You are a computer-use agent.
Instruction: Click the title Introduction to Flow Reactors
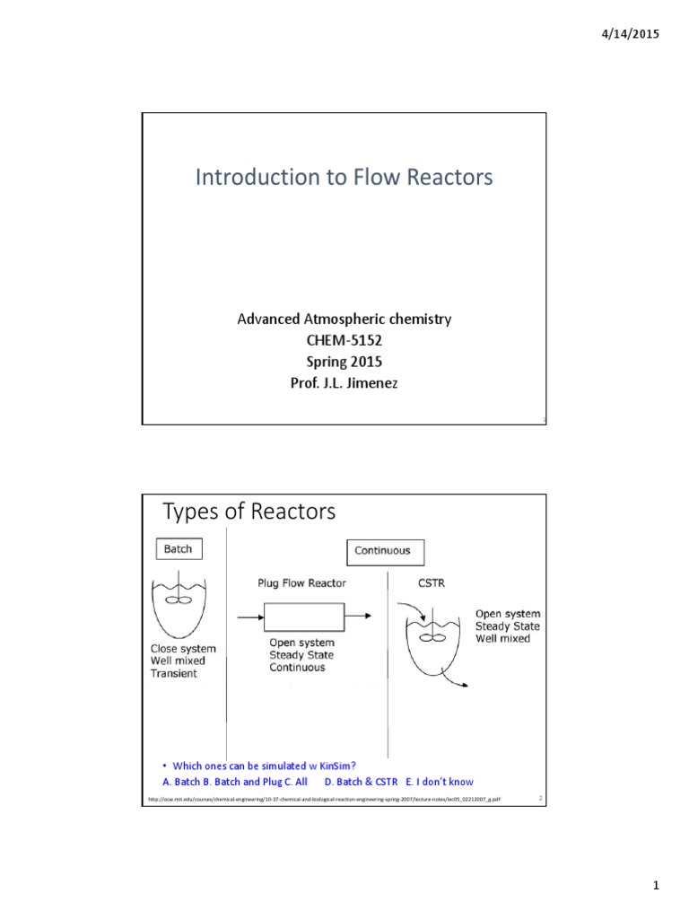click(344, 178)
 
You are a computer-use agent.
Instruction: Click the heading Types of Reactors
click(249, 512)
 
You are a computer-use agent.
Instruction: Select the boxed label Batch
click(178, 548)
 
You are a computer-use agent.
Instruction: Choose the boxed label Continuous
click(382, 550)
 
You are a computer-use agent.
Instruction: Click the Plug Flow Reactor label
click(302, 583)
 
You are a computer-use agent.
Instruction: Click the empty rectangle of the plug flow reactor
click(305, 617)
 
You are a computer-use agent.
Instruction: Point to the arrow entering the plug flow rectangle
click(249, 617)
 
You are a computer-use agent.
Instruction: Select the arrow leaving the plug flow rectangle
click(360, 617)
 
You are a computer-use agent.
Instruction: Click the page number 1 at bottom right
click(656, 888)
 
